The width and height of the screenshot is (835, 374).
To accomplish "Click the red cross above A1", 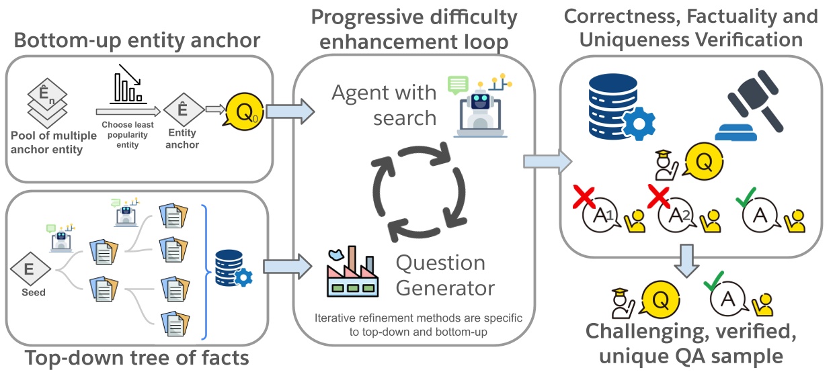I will (585, 196).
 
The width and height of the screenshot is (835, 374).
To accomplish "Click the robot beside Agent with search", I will (479, 107).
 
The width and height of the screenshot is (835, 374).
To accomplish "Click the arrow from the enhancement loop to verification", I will (547, 161).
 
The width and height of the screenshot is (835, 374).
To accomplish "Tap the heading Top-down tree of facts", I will (136, 358).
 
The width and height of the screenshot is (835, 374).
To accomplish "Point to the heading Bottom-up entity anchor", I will (137, 40).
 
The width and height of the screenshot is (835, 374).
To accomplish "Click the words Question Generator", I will (445, 275).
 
